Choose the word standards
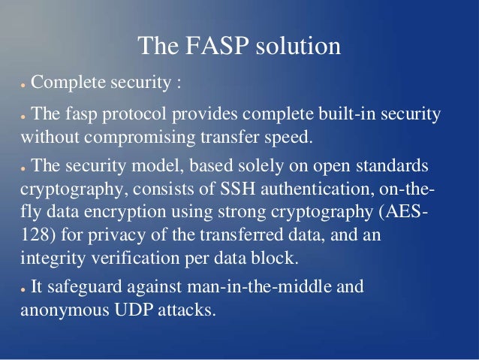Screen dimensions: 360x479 pyautogui.click(x=389, y=165)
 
